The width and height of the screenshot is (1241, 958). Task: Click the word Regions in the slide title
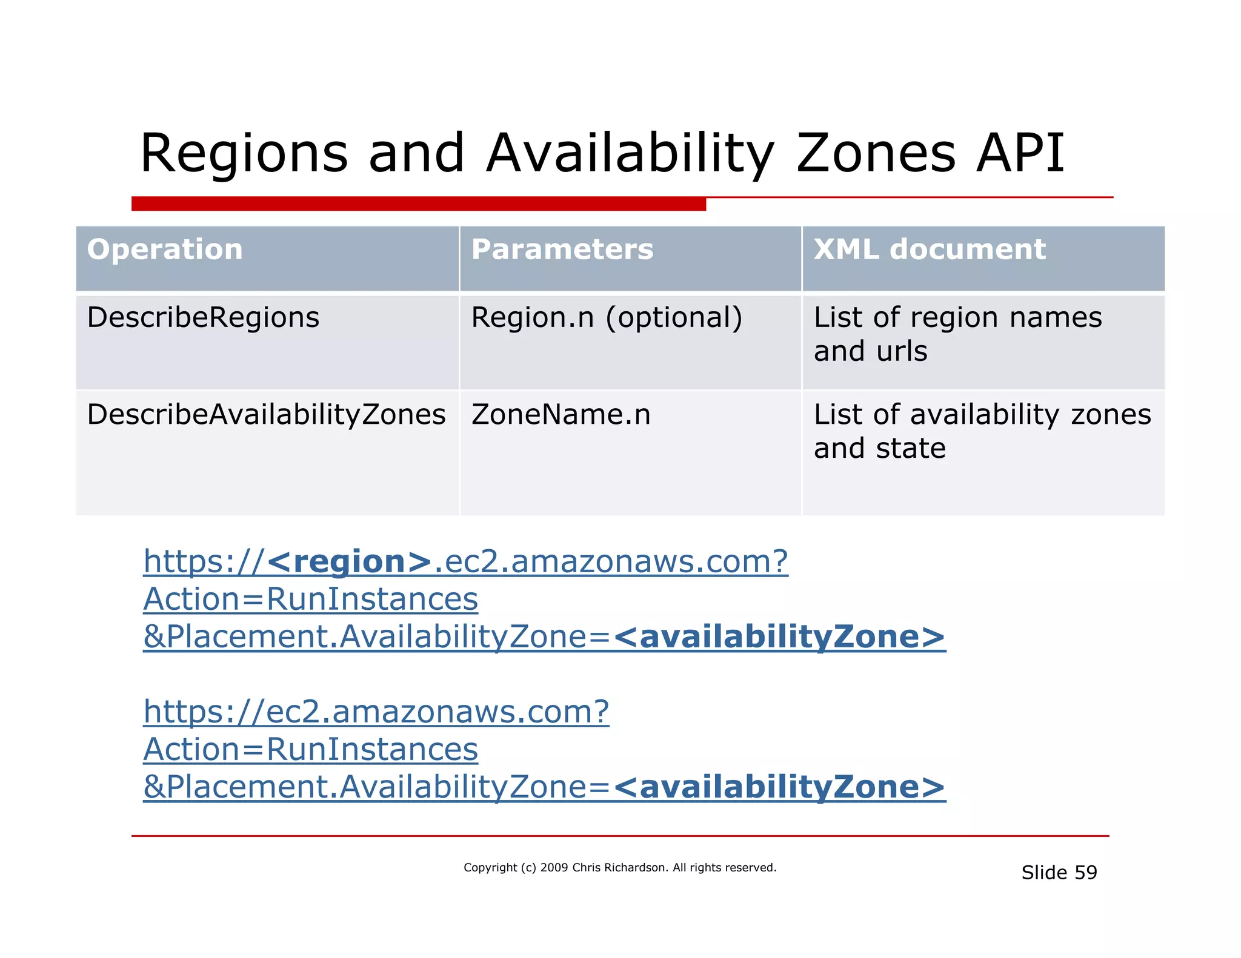pyautogui.click(x=244, y=153)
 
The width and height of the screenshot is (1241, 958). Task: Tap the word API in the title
pyautogui.click(x=1020, y=153)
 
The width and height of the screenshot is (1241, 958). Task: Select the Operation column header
pyautogui.click(x=165, y=249)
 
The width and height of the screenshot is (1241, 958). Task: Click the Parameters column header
pyautogui.click(x=562, y=249)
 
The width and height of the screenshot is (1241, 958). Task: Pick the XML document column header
pyautogui.click(x=930, y=249)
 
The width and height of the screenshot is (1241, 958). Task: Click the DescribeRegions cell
pyautogui.click(x=203, y=317)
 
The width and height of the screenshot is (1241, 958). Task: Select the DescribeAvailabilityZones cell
pyautogui.click(x=266, y=415)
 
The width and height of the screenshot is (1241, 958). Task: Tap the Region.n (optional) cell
pyautogui.click(x=607, y=317)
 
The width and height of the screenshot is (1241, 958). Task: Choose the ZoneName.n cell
pyautogui.click(x=561, y=415)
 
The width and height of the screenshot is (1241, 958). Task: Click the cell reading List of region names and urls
pyautogui.click(x=957, y=334)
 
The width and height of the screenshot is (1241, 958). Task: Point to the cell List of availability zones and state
pyautogui.click(x=982, y=431)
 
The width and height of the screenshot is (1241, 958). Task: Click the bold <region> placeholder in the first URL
pyautogui.click(x=349, y=561)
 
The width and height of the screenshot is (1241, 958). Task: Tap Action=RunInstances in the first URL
pyautogui.click(x=310, y=600)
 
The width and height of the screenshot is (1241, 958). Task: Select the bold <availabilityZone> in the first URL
pyautogui.click(x=779, y=637)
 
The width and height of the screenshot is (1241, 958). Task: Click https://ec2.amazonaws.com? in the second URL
pyautogui.click(x=376, y=712)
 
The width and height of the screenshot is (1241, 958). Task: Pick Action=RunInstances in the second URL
pyautogui.click(x=310, y=750)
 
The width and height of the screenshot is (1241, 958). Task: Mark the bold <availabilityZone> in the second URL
pyautogui.click(x=779, y=787)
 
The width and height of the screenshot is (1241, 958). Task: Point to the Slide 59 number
pyautogui.click(x=1059, y=873)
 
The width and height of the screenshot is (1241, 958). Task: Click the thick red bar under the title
pyautogui.click(x=418, y=204)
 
